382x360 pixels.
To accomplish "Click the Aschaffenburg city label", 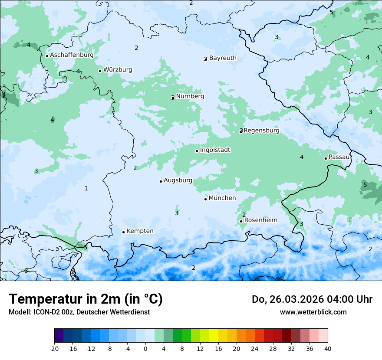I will pyautogui.click(x=72, y=55).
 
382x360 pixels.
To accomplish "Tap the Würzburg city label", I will pyautogui.click(x=118, y=70).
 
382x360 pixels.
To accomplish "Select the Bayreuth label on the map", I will pyautogui.click(x=223, y=58).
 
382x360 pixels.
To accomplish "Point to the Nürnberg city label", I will pyautogui.click(x=190, y=96).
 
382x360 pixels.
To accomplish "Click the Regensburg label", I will pyautogui.click(x=262, y=131).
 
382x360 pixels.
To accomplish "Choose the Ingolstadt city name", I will pyautogui.click(x=215, y=150).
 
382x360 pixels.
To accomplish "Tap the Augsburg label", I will pyautogui.click(x=178, y=180).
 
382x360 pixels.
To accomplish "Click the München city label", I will pyautogui.click(x=222, y=198).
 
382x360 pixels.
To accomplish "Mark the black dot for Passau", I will pyautogui.click(x=326, y=158).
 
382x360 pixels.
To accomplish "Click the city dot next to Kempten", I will pyautogui.click(x=123, y=232).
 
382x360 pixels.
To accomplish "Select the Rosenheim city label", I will pyautogui.click(x=260, y=220).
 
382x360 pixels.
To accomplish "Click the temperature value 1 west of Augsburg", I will pyautogui.click(x=86, y=188).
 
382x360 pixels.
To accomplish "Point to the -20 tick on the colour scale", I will pyautogui.click(x=54, y=348).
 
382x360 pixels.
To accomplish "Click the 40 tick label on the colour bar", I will pyautogui.click(x=327, y=348).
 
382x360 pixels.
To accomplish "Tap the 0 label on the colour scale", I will pyautogui.click(x=145, y=348).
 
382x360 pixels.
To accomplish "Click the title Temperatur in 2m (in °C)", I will pyautogui.click(x=86, y=299).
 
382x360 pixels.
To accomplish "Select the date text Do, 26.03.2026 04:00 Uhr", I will pyautogui.click(x=312, y=299).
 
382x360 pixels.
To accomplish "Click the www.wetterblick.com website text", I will pyautogui.click(x=313, y=312).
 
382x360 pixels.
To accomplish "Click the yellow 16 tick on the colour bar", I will pyautogui.click(x=218, y=348).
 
